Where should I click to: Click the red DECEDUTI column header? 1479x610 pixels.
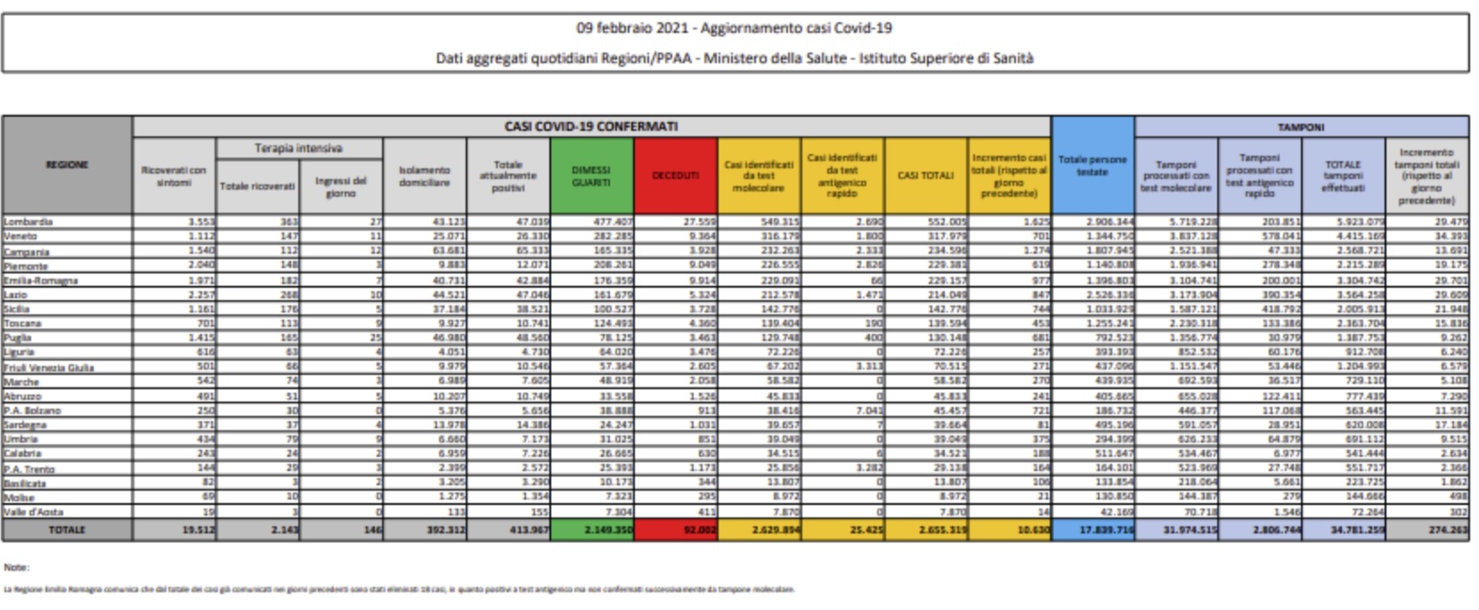676,175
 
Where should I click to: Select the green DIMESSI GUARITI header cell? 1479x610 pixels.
592,175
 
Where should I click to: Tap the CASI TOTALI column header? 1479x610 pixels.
925,175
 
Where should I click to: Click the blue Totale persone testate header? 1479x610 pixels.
1093,166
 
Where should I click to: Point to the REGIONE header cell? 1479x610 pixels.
68,165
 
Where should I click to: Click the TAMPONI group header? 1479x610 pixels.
1301,127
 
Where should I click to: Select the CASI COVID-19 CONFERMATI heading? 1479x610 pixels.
591,126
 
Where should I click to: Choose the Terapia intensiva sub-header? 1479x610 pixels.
299,149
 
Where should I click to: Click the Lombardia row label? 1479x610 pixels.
28,222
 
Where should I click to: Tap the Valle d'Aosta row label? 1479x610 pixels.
32,512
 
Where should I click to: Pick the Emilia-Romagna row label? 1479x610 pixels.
41,281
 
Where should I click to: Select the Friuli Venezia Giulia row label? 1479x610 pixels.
50,367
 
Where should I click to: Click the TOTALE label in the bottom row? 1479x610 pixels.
68,530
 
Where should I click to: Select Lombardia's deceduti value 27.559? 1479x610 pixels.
697,222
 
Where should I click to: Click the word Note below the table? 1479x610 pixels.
17,567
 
